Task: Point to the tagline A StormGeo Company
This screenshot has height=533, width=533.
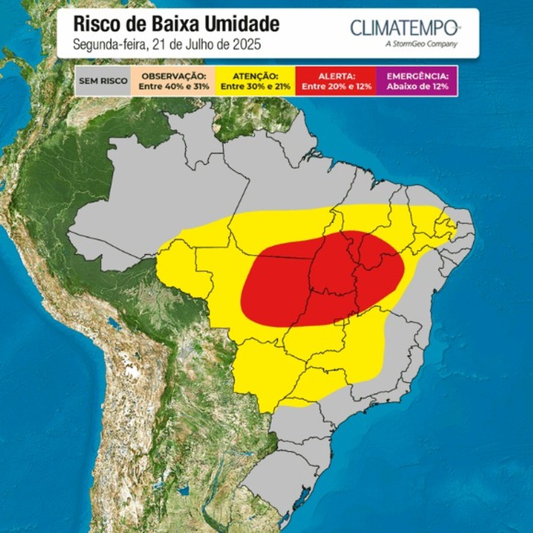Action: coord(423,44)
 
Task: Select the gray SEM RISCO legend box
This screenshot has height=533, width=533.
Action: coord(103,81)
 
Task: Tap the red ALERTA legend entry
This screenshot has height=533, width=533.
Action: coord(336,81)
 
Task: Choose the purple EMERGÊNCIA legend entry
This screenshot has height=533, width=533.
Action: coord(417,81)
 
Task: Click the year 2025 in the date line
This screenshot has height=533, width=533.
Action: coord(248,44)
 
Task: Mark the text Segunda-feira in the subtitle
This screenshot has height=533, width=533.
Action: coord(102,44)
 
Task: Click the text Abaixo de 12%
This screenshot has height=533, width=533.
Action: coord(417,86)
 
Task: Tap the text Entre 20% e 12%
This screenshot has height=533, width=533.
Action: coord(336,86)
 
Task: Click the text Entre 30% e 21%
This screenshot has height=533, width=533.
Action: coord(256,86)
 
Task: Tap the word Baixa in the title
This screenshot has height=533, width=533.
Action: coord(175,24)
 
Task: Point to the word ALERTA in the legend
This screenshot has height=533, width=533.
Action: coord(336,76)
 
